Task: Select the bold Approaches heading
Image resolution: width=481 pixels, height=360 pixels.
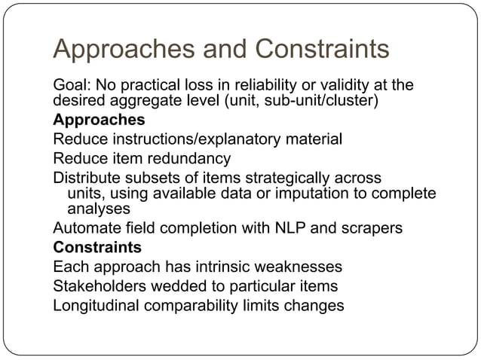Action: pos(99,120)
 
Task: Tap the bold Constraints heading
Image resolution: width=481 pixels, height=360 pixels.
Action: pos(97,247)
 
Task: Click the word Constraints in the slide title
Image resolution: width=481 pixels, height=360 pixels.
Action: pos(323,50)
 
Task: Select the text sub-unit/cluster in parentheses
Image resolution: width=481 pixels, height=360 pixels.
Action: pos(320,101)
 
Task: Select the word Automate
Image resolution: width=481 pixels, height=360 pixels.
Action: pos(83,228)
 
